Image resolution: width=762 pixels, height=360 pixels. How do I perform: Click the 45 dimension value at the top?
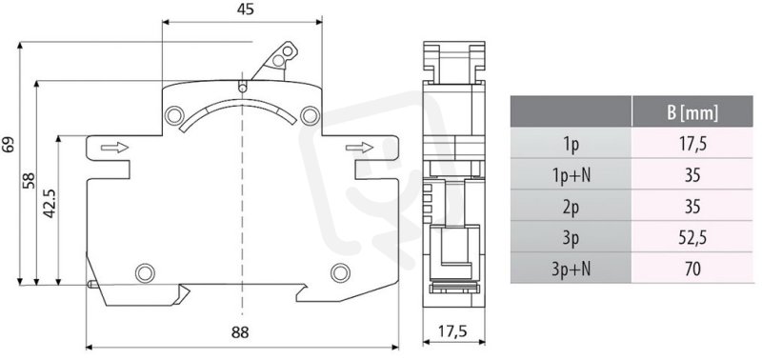pyautogui.click(x=247, y=10)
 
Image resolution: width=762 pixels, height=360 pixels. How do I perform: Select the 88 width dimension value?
pyautogui.click(x=240, y=332)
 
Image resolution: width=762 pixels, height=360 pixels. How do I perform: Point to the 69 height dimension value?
pyautogui.click(x=9, y=145)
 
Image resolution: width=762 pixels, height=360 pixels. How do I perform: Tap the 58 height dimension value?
pyautogui.click(x=29, y=180)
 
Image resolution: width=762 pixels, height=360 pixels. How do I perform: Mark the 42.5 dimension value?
pyautogui.click(x=50, y=204)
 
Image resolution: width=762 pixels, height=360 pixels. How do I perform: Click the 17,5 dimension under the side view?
pyautogui.click(x=453, y=331)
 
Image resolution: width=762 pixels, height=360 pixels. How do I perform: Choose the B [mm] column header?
pyautogui.click(x=692, y=112)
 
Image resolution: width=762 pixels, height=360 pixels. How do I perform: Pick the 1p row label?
pyautogui.click(x=571, y=144)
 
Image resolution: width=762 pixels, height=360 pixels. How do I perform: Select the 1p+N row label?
pyautogui.click(x=571, y=175)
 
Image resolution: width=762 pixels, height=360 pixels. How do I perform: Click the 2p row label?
pyautogui.click(x=571, y=206)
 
